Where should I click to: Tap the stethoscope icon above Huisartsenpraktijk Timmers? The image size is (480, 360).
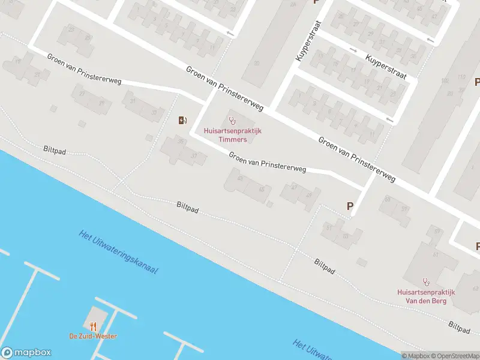coord(232,121)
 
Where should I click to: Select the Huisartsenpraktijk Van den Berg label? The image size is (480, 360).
coord(426,296)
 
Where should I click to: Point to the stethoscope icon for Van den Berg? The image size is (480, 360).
coord(427,281)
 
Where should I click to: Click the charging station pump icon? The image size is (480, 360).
coord(182,121)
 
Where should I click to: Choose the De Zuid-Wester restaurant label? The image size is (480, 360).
coord(93,336)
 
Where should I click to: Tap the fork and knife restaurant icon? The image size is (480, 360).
coord(93,326)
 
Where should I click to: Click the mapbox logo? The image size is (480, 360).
coord(26,353)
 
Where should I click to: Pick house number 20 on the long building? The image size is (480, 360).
coord(257,63)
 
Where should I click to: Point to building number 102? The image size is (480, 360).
coord(445,80)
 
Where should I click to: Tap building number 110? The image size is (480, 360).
coord(461,77)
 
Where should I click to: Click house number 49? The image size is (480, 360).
coord(310,194)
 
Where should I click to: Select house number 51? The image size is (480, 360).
coord(329,227)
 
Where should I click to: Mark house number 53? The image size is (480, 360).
coord(346,236)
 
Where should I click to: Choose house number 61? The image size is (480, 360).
coord(436,254)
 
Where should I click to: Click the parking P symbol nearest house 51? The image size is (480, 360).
coord(350,206)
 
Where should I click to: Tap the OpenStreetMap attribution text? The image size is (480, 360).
coord(454,356)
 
